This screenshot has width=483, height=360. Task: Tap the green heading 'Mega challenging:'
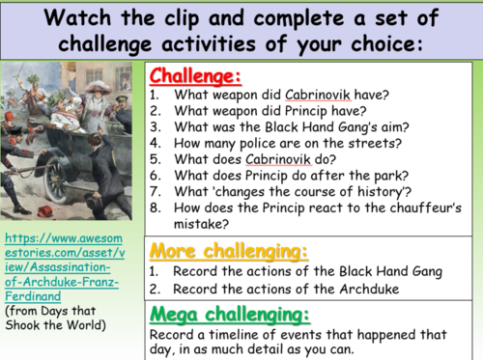point(228,316)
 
